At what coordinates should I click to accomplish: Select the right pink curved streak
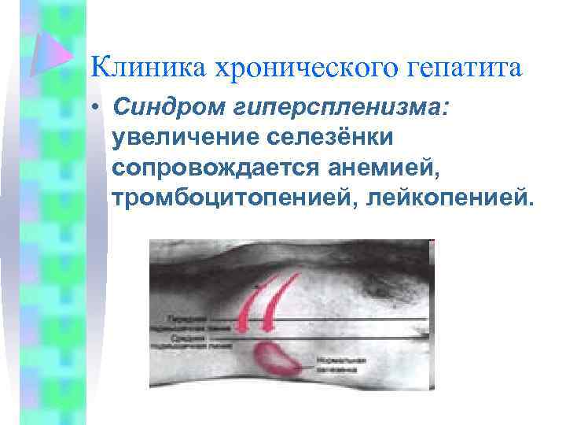tap(280, 303)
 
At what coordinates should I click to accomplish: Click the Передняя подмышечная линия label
tap(186, 321)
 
